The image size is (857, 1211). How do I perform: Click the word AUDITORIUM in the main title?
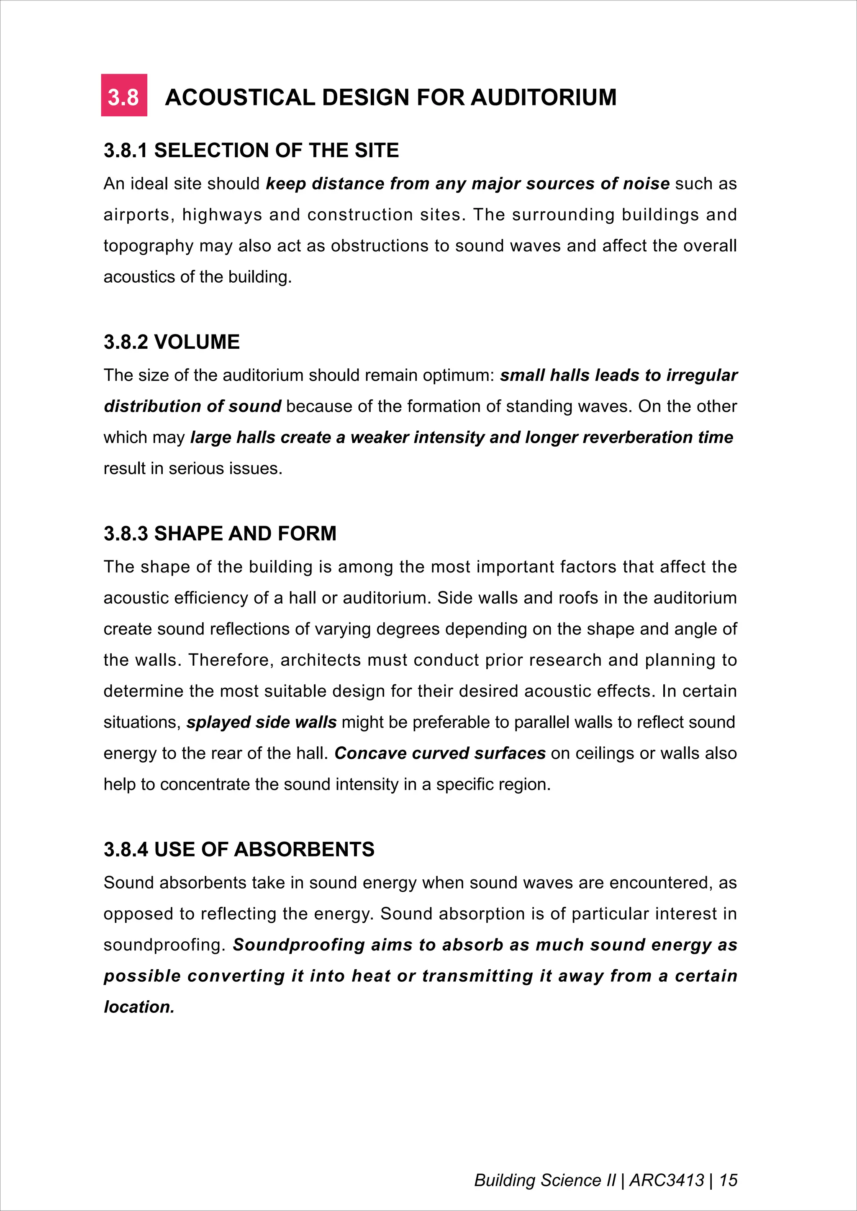[544, 97]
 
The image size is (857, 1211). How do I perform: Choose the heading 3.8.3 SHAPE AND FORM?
[220, 533]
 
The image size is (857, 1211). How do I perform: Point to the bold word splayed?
[218, 722]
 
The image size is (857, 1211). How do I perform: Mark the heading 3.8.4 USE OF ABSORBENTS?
[239, 849]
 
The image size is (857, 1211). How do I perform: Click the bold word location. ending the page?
[139, 1007]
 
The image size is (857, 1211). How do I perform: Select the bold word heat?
[371, 976]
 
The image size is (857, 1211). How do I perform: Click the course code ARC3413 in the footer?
[667, 1180]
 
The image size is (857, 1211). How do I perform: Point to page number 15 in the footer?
[728, 1180]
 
